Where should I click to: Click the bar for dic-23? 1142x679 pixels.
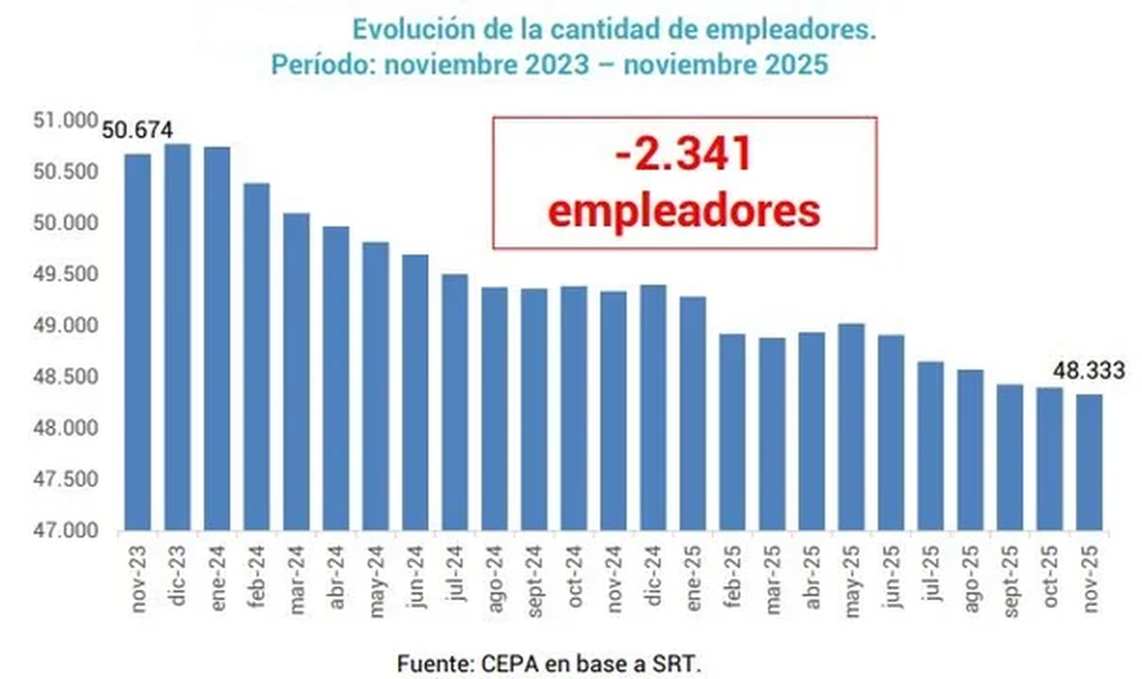pyautogui.click(x=177, y=337)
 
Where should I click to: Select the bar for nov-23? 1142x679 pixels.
pyautogui.click(x=137, y=342)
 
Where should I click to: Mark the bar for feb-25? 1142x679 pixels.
pyautogui.click(x=732, y=432)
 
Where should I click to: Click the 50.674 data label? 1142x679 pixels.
pyautogui.click(x=137, y=130)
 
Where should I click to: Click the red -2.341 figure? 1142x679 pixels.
pyautogui.click(x=684, y=154)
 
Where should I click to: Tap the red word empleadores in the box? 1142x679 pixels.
pyautogui.click(x=684, y=210)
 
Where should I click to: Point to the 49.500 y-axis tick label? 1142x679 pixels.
pyautogui.click(x=72, y=275)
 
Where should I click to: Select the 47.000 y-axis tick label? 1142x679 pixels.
pyautogui.click(x=72, y=530)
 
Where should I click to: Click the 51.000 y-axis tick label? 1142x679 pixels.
pyautogui.click(x=72, y=121)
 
